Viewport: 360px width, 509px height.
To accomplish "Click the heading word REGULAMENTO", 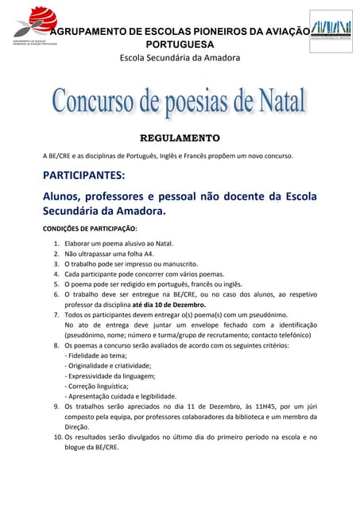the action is tap(180, 138).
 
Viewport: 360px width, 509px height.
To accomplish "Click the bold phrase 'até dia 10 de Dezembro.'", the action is tap(166, 305).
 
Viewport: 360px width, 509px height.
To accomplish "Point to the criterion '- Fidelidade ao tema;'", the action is tap(95, 356).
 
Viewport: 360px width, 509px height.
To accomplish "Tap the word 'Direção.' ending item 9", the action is tap(78, 426).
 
